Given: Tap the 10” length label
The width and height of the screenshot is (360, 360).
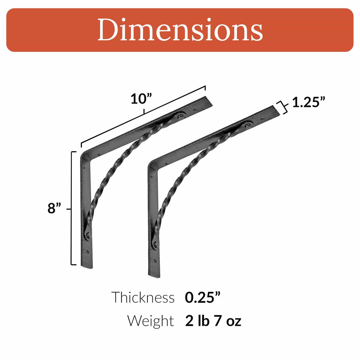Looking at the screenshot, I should (x=141, y=99).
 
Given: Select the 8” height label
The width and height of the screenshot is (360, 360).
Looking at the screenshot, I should (x=55, y=208).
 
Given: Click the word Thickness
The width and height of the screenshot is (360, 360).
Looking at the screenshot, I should (x=143, y=297).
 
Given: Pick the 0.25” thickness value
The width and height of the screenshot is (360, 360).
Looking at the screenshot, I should (x=203, y=297).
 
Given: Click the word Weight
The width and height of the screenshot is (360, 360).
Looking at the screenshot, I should (x=150, y=321).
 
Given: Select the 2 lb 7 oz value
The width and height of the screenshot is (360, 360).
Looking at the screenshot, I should (x=213, y=321).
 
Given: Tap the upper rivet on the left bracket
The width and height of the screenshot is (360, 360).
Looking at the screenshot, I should (x=181, y=116).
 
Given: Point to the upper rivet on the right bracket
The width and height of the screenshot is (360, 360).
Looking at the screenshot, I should (x=249, y=125).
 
